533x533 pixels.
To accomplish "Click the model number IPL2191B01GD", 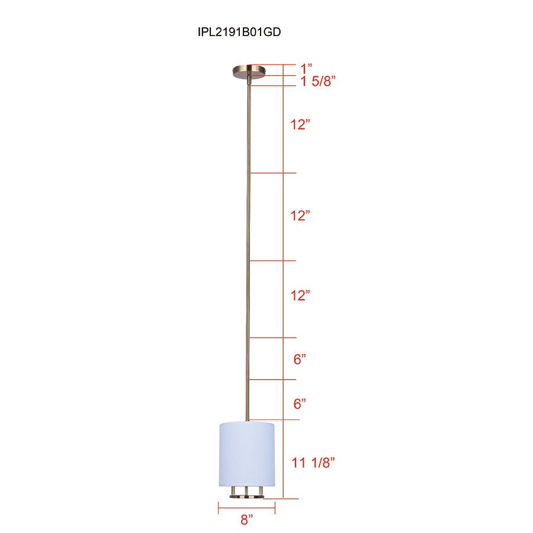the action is tap(239, 32).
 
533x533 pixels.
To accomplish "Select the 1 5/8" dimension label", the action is tap(318, 81).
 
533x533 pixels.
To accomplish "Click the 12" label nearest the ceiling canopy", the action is tap(300, 125).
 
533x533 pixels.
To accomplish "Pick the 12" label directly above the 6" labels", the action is tap(300, 296).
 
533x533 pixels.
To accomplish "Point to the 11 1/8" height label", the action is tap(313, 463).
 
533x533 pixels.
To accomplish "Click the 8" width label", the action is tap(246, 519).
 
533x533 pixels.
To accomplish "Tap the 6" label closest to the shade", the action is tap(300, 403).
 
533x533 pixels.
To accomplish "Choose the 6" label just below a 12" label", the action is tap(300, 359).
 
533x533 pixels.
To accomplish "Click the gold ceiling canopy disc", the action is tap(249, 72).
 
